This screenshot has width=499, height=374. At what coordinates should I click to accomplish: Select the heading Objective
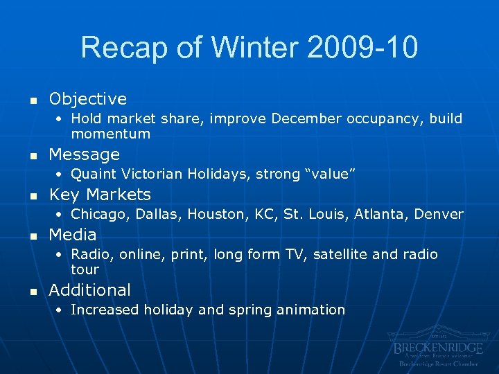point(87,99)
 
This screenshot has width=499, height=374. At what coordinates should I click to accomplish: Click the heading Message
point(84,154)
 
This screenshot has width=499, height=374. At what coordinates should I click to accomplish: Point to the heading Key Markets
point(100,194)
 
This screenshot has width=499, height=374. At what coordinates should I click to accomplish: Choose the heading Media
point(73,234)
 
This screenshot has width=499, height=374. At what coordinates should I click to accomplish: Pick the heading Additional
point(89,290)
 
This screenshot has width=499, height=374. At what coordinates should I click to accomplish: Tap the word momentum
point(110,134)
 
